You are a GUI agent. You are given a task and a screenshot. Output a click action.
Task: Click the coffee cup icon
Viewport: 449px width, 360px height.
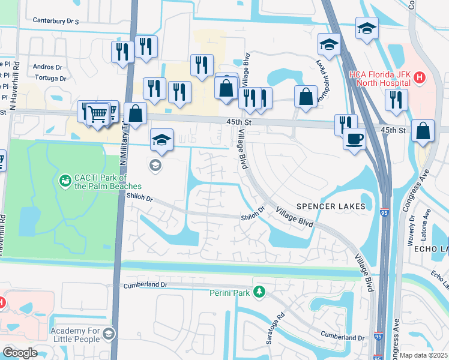pos(354,139)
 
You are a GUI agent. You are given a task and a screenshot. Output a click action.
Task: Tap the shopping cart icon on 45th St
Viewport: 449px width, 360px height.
pos(97,112)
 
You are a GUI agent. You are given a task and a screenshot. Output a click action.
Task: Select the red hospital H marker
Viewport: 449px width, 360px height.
pos(420,78)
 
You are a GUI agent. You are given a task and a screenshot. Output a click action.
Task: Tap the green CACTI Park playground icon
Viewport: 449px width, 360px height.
pos(64,179)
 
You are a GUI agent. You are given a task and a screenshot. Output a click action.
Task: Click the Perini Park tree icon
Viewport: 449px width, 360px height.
pos(259,292)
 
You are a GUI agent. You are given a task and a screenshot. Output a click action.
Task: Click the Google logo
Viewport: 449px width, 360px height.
pos(20,353)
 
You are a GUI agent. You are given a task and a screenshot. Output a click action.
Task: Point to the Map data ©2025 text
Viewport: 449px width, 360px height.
pos(424,355)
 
